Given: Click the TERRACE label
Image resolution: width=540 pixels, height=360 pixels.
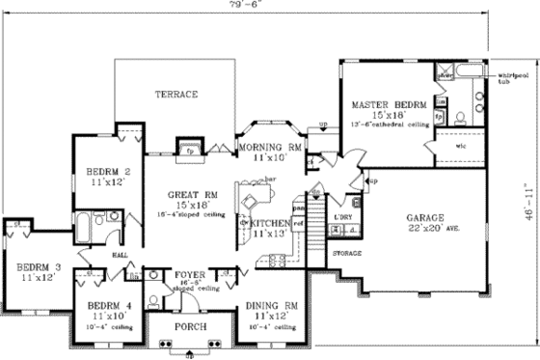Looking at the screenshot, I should [x=176, y=95].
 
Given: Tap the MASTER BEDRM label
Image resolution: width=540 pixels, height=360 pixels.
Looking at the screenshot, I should [x=382, y=103].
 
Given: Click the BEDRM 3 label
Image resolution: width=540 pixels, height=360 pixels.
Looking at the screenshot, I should [x=33, y=265].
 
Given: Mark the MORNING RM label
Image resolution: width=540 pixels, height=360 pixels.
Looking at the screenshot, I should [x=270, y=147].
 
